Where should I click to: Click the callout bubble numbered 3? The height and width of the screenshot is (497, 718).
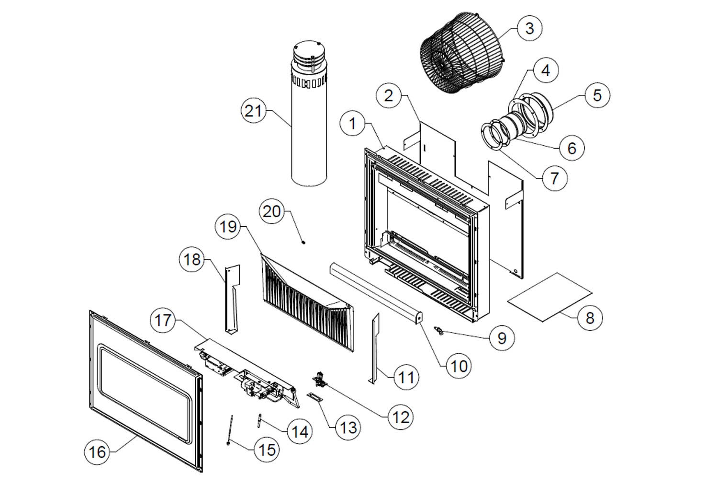[529, 28]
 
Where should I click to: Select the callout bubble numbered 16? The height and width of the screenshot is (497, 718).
[97, 451]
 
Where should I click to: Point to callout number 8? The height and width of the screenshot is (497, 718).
[589, 317]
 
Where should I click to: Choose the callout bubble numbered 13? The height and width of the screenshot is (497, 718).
[348, 427]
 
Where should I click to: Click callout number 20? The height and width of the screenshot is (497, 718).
[271, 211]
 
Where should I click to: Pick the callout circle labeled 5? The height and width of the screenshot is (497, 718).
[596, 95]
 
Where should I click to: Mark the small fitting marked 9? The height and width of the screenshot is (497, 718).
[437, 330]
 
